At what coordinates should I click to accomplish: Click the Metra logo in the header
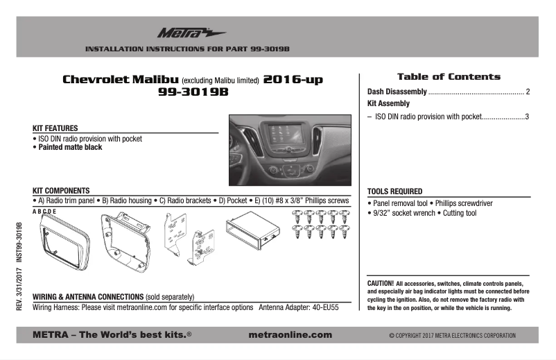[x=181, y=32]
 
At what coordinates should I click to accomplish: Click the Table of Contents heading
[x=448, y=77]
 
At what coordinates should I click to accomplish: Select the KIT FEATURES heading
[x=55, y=128]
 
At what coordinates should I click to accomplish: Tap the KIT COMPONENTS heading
[x=60, y=190]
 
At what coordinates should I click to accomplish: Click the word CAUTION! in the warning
[x=381, y=284]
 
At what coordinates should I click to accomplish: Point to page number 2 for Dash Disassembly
[x=528, y=92]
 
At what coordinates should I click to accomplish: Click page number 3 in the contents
[x=528, y=116]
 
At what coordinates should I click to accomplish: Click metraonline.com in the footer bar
[x=289, y=334]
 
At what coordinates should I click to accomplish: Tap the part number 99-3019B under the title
[x=193, y=92]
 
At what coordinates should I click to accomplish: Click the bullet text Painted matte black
[x=69, y=148]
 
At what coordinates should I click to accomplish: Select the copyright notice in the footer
[x=452, y=335]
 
